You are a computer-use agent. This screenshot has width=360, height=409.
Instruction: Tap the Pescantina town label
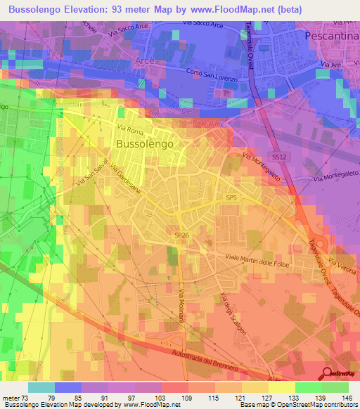click(x=332, y=34)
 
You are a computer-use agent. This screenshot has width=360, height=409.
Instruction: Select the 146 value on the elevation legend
click(x=345, y=398)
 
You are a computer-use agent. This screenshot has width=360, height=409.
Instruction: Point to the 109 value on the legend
click(x=186, y=398)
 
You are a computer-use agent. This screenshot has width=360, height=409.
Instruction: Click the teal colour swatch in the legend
click(x=41, y=387)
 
